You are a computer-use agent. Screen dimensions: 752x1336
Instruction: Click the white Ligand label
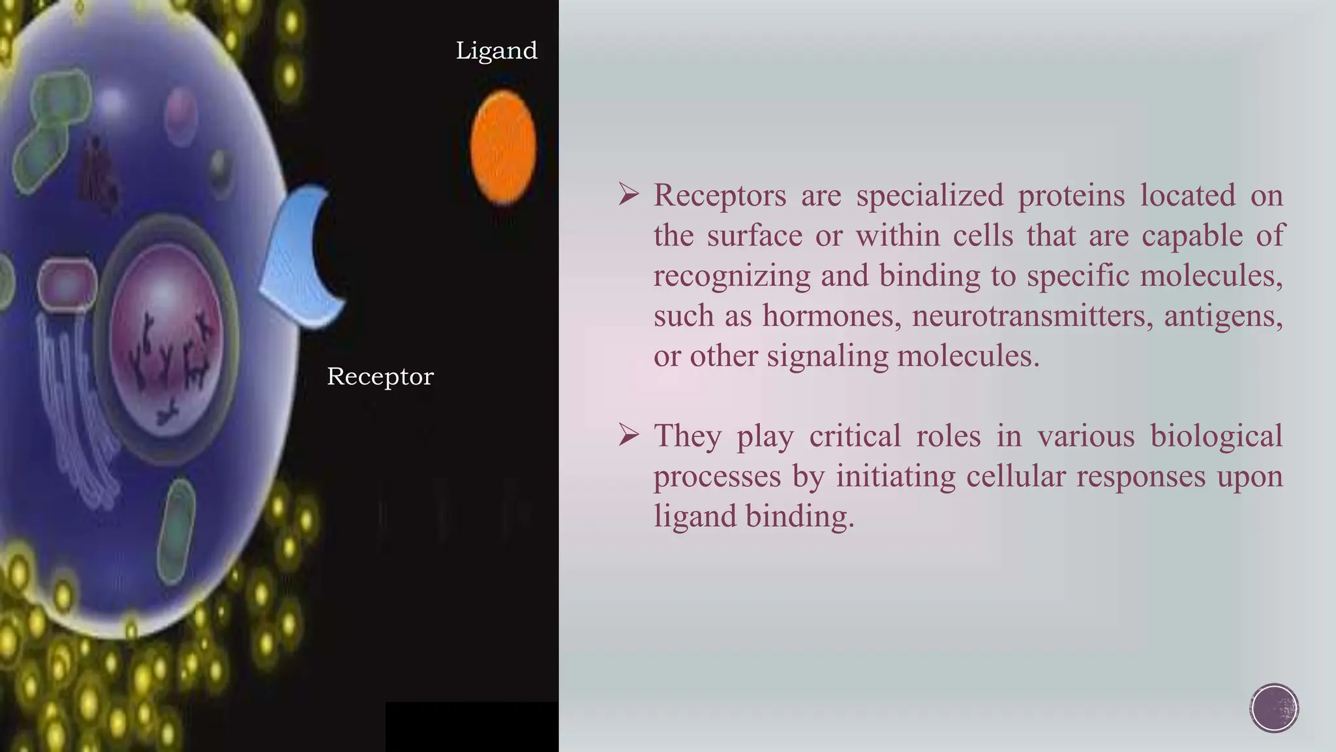pos(496,51)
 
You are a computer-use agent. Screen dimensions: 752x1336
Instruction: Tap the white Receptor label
pos(380,377)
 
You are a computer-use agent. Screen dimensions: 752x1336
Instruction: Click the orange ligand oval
pos(503,148)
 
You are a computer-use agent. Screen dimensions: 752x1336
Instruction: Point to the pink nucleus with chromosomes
pos(167,339)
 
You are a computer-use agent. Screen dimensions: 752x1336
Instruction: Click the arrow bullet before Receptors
pos(628,195)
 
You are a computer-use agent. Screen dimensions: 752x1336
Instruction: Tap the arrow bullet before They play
pos(628,435)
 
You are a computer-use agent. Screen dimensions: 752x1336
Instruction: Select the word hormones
pos(832,316)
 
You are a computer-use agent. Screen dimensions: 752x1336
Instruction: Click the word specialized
pos(930,196)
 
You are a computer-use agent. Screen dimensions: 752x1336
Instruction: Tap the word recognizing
pos(732,276)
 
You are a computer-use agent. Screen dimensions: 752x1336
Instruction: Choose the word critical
pos(855,436)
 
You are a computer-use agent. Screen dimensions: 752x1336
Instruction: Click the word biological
pos(1216,436)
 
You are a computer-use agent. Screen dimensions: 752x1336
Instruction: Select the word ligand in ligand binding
pos(695,517)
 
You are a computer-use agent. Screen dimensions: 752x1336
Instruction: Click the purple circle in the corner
pos(1274,708)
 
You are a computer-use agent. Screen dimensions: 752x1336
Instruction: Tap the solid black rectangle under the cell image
pos(472,727)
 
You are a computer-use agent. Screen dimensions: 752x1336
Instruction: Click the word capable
pos(1192,236)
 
